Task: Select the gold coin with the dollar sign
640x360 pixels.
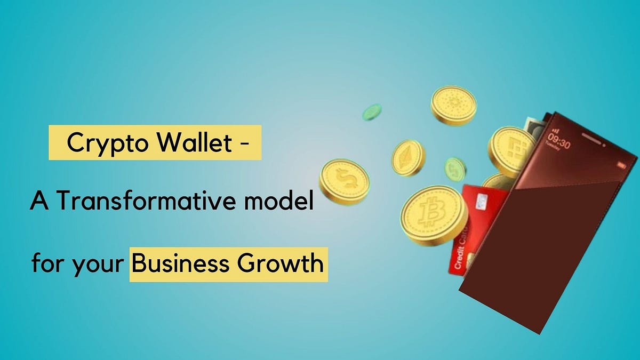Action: coord(344,182)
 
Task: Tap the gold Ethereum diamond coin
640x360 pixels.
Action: coord(408,158)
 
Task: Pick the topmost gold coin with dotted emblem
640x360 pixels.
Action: coord(453,106)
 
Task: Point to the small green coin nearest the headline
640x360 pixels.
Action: coord(372,112)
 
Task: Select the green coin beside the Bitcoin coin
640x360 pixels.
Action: coord(455,169)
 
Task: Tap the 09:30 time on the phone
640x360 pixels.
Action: coord(560,144)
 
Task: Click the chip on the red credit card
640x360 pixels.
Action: coord(482,201)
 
